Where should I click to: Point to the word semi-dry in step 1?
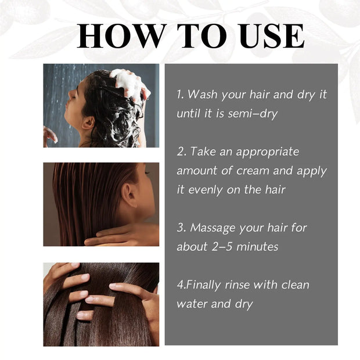point(254,113)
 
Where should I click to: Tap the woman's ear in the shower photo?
point(89,123)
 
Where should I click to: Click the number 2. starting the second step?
point(181,152)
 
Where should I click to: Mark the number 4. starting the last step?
point(181,285)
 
